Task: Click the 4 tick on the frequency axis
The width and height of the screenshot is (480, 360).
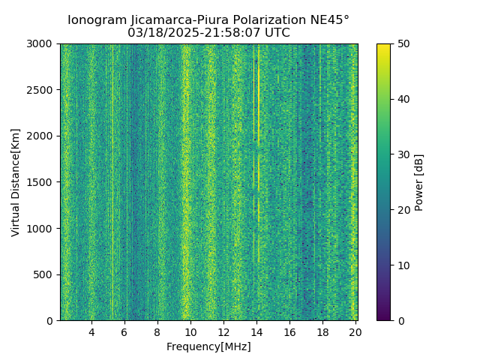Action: [91, 331]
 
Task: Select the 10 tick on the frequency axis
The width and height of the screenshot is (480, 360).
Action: [190, 331]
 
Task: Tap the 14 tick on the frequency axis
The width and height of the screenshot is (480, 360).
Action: [256, 331]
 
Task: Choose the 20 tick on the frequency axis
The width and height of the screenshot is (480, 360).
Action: [355, 331]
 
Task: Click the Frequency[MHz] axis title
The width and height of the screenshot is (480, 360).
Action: [208, 346]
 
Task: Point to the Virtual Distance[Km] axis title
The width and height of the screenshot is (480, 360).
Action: [16, 182]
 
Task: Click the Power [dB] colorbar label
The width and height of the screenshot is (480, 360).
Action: [419, 182]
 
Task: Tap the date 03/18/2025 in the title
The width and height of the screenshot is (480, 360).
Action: [157, 33]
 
